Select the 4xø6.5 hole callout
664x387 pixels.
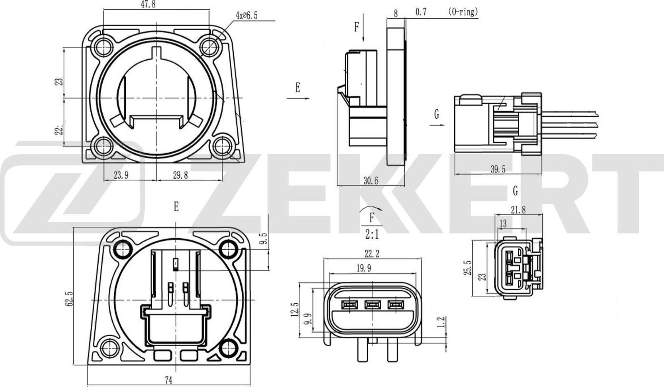[x=247, y=15]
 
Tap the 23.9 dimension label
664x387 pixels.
[x=121, y=175]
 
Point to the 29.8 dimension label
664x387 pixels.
[x=180, y=175]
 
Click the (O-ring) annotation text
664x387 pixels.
[x=463, y=12]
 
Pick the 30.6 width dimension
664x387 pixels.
[x=371, y=180]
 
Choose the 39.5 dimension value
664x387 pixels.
[x=498, y=169]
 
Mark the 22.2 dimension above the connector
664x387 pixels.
[x=372, y=254]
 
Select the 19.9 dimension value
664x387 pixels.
[x=363, y=268]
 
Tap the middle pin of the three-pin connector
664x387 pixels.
[x=373, y=305]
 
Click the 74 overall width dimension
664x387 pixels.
[x=168, y=379]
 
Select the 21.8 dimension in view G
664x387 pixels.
[x=518, y=210]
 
